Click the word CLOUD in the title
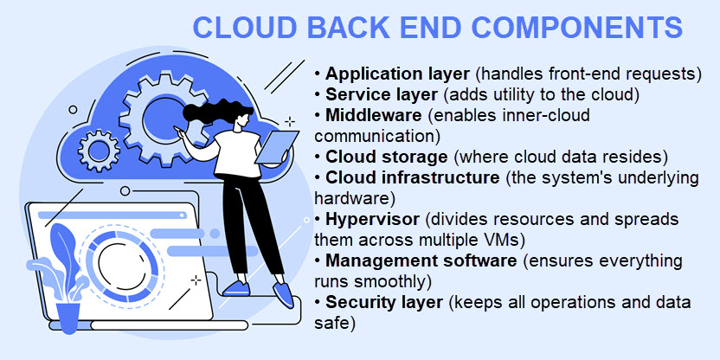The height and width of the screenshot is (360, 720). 245,27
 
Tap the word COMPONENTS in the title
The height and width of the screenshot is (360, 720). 577,27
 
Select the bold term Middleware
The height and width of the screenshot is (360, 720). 373,115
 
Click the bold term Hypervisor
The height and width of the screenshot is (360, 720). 372,220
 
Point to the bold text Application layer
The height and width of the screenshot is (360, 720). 398,74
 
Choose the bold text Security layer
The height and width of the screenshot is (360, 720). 384,303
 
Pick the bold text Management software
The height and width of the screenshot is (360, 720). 421,260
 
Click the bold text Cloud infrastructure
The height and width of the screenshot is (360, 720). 412,177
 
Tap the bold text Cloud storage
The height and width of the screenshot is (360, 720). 387,157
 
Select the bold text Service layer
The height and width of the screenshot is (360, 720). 382,94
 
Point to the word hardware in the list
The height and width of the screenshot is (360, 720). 351,198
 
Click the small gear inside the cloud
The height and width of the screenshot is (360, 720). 99,151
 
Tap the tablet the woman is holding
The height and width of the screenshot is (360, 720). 277,147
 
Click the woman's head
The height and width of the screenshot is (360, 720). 242,119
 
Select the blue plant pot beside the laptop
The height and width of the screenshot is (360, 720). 68,317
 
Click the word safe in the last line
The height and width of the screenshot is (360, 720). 334,324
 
